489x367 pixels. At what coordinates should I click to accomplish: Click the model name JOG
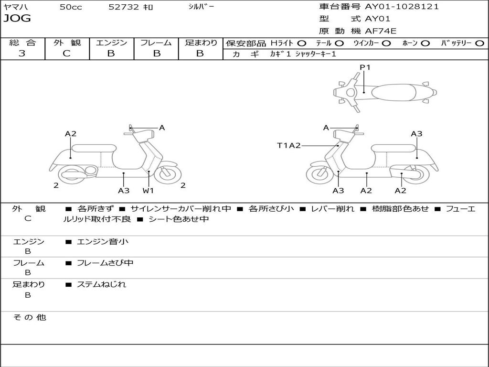point(17,19)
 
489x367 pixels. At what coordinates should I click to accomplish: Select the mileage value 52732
point(124,7)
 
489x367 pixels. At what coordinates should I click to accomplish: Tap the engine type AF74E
point(381,31)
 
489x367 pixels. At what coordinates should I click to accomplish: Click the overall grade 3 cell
point(22,54)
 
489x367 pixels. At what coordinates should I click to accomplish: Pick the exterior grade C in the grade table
point(66,54)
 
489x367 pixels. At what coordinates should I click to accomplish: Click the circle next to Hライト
point(301,43)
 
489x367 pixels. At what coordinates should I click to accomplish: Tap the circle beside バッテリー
point(479,43)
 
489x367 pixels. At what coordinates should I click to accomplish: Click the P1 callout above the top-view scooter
point(365,67)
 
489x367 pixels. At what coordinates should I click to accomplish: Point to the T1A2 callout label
point(289,145)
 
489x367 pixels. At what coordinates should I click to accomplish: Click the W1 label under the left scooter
point(149,191)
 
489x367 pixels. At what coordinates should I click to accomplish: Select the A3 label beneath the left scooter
point(124,191)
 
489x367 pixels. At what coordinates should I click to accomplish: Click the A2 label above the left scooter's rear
point(71,134)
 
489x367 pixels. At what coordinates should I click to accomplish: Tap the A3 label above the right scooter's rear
point(416,134)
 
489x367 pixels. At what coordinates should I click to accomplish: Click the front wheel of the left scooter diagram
point(168,175)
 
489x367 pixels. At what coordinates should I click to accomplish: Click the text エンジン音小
point(103,242)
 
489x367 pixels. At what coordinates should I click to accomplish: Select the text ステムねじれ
point(101,284)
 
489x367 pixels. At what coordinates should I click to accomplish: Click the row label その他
point(29,317)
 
